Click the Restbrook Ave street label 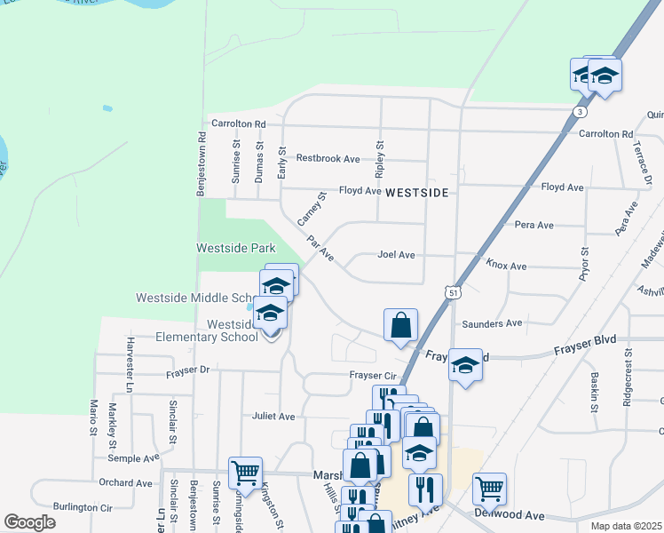[328, 158]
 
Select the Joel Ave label [396, 255]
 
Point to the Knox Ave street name [506, 266]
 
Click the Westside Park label [236, 249]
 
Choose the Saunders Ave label [491, 323]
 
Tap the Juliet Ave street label [273, 416]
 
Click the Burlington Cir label [82, 508]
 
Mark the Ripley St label [380, 155]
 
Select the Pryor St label [584, 265]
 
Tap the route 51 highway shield [454, 291]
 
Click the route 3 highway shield [579, 112]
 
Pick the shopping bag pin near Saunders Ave [401, 325]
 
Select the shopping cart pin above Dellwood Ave [489, 489]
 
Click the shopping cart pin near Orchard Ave [245, 473]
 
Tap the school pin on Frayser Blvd [465, 365]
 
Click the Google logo [29, 522]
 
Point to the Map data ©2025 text [626, 526]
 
